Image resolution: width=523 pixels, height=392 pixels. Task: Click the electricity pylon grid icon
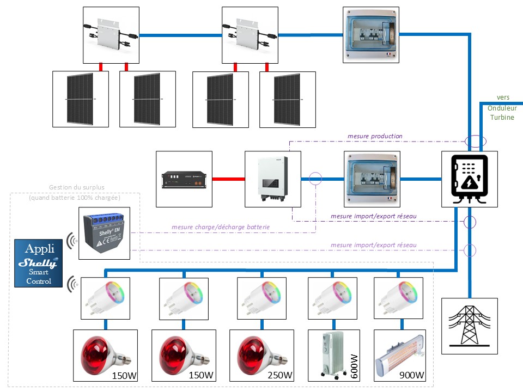point(469,326)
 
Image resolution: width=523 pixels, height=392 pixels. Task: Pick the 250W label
point(280,375)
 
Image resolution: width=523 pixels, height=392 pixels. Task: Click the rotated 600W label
point(354,365)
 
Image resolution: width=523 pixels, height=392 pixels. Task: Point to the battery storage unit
point(184,179)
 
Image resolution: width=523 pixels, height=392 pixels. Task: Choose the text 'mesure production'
point(375,136)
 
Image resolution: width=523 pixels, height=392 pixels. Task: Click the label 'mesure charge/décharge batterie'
point(221,227)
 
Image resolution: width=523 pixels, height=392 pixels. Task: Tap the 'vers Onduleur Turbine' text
point(501,107)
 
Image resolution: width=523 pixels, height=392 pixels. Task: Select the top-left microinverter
point(111,34)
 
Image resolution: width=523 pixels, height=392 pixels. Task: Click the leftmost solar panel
point(80,99)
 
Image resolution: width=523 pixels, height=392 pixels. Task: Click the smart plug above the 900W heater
point(398,298)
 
